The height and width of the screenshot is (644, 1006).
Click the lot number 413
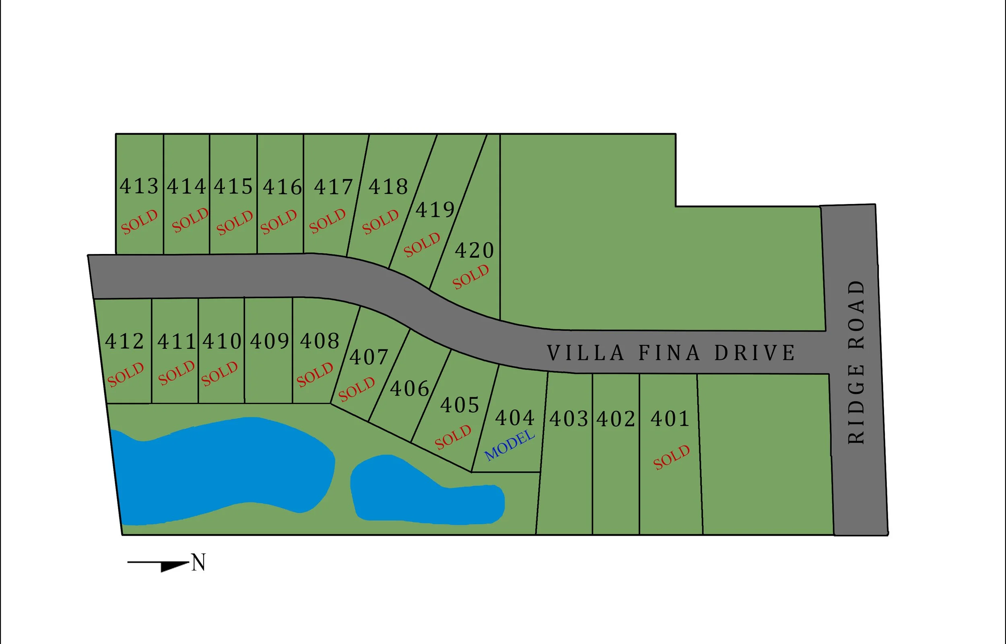pos(139,186)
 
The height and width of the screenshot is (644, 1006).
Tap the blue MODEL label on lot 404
pos(509,445)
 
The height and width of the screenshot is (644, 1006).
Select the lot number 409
pos(270,341)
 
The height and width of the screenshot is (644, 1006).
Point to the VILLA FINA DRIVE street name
pos(671,353)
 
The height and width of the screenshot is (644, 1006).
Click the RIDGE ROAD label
pos(856,362)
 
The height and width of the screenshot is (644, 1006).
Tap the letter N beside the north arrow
pos(198,562)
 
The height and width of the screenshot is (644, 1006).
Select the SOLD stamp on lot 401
pos(671,457)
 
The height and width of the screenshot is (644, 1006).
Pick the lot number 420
pos(474,250)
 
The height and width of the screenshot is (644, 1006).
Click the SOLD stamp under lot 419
pos(422,245)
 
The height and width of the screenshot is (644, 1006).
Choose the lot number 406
pos(410,388)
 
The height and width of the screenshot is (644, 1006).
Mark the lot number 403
pos(569,419)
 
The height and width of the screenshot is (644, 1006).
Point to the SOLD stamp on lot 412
pos(126,375)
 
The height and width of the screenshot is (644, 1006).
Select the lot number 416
pos(282,187)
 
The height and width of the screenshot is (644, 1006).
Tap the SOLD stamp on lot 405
pos(453,437)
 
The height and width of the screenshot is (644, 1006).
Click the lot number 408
pos(320,341)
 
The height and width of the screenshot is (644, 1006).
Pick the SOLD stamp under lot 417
pos(327,221)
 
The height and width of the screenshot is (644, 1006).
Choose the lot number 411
pos(176,342)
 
